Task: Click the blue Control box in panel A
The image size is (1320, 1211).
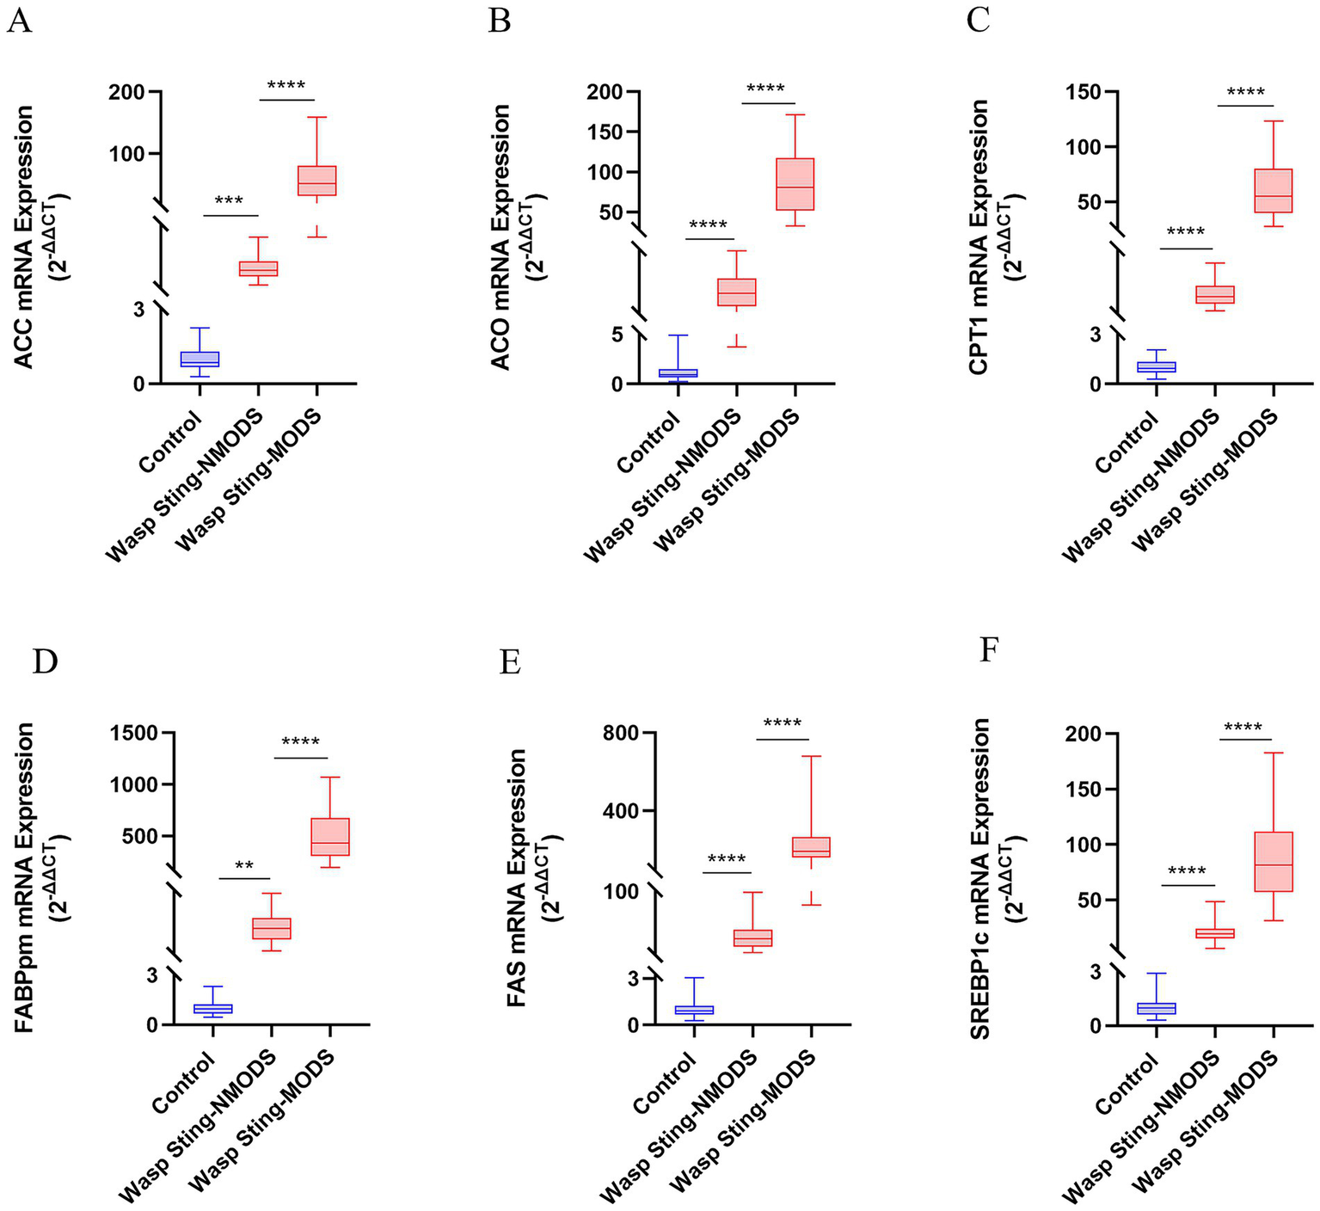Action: [x=200, y=359]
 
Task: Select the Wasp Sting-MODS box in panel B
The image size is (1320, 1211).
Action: [x=795, y=184]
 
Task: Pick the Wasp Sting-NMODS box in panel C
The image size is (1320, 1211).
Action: [x=1215, y=294]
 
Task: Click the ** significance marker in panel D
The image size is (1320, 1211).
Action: [x=244, y=865]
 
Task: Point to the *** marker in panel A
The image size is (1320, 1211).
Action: [x=230, y=201]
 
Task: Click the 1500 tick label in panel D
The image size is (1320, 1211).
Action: [x=134, y=733]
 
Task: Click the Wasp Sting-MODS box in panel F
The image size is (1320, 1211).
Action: [x=1274, y=861]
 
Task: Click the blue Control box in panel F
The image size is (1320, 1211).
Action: [x=1157, y=1008]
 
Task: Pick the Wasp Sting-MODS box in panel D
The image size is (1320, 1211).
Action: [x=330, y=836]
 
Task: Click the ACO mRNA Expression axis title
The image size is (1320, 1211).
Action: [x=501, y=237]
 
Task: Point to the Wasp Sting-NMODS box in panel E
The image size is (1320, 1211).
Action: [x=752, y=937]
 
